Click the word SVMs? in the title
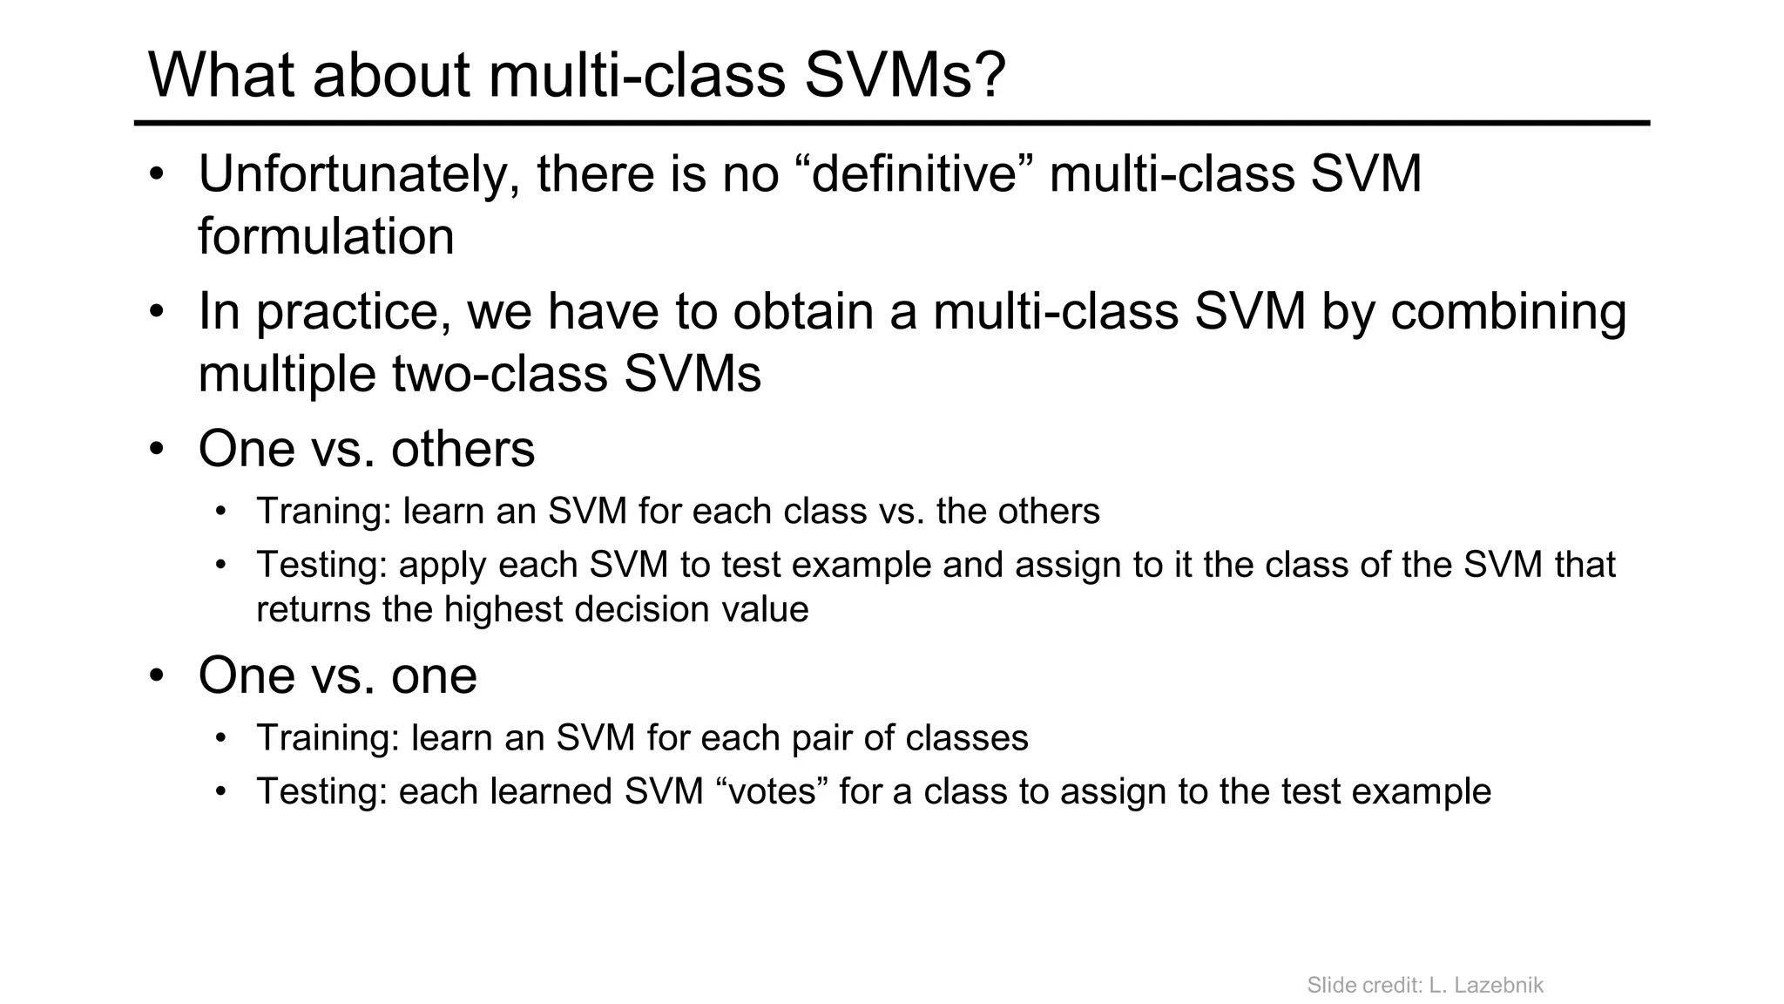(904, 75)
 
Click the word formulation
(326, 237)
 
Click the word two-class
(499, 374)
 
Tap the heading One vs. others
(366, 449)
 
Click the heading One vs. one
(337, 675)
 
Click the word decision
(642, 609)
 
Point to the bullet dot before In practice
(156, 312)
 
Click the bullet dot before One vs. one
(156, 675)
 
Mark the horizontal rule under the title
(891, 124)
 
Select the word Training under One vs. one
(328, 738)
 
